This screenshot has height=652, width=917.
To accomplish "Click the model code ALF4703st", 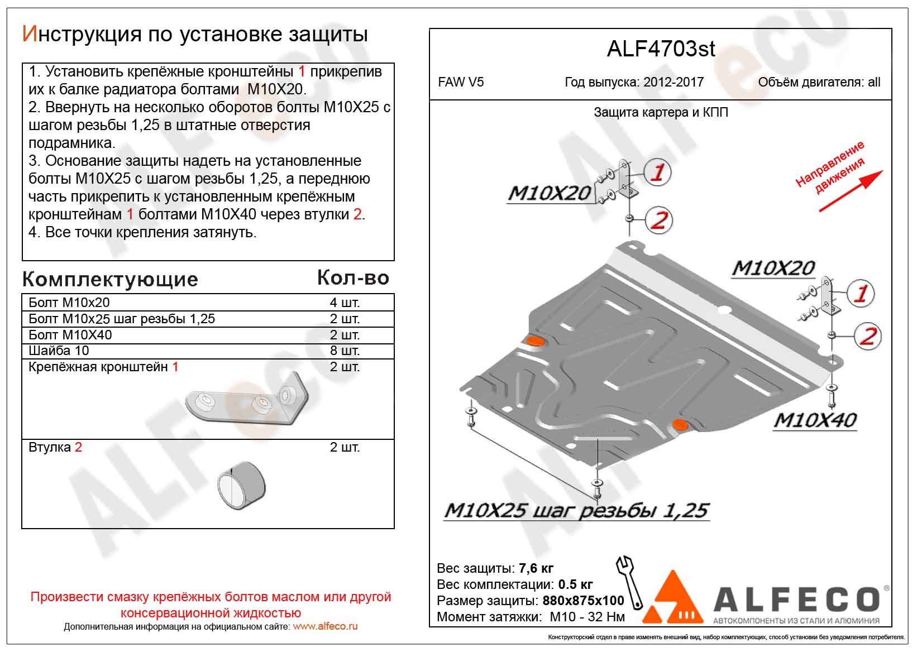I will point(660,49).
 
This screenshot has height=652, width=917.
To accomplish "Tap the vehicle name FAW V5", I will point(461,83).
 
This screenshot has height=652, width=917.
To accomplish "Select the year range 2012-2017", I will point(673,83).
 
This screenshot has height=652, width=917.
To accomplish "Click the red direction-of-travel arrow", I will point(850,191).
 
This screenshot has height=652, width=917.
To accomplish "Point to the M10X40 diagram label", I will point(815,420).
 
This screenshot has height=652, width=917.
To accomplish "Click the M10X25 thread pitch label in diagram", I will point(576,511).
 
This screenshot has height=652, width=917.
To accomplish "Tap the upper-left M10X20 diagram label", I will point(549,193).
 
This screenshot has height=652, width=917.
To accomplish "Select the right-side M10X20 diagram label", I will point(773,269).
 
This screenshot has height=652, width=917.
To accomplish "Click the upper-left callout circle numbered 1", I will point(658,172).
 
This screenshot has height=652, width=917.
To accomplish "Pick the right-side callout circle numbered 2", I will point(867,336).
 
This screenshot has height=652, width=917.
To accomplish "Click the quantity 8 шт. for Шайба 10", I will point(345,351).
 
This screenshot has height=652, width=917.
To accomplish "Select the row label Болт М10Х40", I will point(70,335).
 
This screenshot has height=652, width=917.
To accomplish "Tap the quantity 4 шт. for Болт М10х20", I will point(345,303).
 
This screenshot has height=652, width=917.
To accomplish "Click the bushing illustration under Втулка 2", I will point(241,486).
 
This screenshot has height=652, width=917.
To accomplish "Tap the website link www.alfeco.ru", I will point(325,626).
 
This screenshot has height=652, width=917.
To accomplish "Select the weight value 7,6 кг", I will point(536,568).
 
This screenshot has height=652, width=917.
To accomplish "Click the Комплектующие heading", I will point(111,279).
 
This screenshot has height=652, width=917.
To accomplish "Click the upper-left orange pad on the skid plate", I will point(535,342).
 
